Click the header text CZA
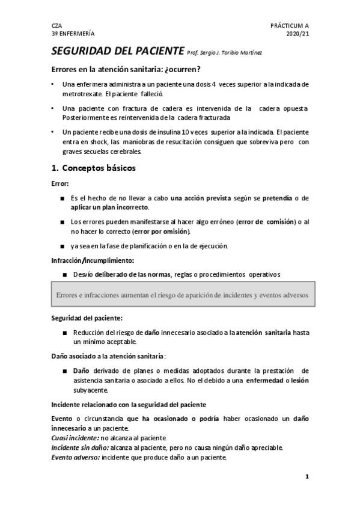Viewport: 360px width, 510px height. [56, 26]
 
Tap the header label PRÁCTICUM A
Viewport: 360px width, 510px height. [290, 26]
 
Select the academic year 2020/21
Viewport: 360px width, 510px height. [297, 34]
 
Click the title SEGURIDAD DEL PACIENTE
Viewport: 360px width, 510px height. [117, 52]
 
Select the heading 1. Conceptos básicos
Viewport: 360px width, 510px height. [93, 168]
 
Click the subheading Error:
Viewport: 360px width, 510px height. [61, 183]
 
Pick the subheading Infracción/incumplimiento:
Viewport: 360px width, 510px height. [92, 260]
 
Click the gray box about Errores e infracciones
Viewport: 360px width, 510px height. [182, 295]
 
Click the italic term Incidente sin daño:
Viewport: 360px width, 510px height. [80, 447]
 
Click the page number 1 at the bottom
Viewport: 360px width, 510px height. [307, 478]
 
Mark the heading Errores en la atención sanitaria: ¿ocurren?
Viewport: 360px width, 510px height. [135, 69]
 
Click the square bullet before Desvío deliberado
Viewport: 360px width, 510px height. [64, 275]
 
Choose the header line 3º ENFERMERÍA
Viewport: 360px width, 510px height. [73, 34]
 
